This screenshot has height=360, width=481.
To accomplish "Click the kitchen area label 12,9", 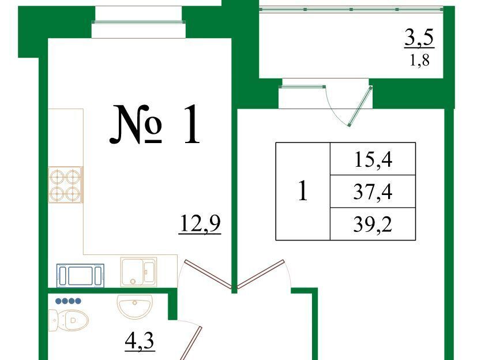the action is point(200,223).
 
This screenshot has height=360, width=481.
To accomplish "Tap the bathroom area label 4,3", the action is point(140,341).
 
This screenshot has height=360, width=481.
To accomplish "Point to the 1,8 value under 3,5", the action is point(420,61).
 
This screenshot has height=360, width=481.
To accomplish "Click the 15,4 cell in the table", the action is point(373,159).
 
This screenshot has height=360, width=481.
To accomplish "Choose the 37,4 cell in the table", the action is point(373,192).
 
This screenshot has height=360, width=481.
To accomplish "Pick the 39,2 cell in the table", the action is point(373,224).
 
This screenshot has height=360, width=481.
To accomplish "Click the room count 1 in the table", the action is point(303,190).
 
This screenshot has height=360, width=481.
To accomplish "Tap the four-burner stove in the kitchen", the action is point(65,185).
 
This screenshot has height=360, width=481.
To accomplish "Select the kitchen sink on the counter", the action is point(138,272).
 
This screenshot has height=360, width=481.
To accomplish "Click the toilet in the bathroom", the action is point(69,320).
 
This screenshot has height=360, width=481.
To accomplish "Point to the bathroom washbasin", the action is point(134,306).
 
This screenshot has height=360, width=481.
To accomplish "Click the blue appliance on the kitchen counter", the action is point(80,275).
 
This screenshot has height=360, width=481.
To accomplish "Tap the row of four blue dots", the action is point(69,301).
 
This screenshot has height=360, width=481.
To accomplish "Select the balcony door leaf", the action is point(360,106).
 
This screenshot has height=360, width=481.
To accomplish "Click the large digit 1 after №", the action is point(192,124).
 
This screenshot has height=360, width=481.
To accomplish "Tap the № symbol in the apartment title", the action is point(136,124).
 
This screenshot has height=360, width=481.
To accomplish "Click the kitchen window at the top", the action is point(138,22).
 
